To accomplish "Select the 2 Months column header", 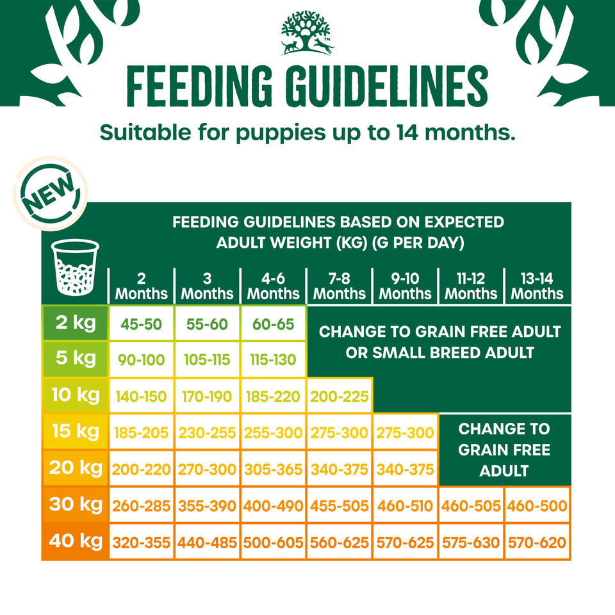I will tap(141, 286).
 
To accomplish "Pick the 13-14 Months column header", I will tap(537, 286).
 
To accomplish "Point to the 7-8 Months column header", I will tap(340, 286).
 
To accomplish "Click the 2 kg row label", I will tap(75, 323).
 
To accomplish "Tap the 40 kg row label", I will tap(75, 541).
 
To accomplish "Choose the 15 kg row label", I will tap(75, 431).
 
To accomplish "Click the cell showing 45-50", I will tap(141, 324).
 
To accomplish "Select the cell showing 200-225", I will tap(340, 397).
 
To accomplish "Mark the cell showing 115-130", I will tap(273, 360).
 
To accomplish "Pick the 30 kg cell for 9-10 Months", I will tap(405, 506).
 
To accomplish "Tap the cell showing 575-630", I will tap(471, 543).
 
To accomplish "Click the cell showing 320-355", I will tap(141, 543).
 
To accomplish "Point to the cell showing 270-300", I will tap(207, 470).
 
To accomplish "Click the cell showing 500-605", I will tap(273, 543).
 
